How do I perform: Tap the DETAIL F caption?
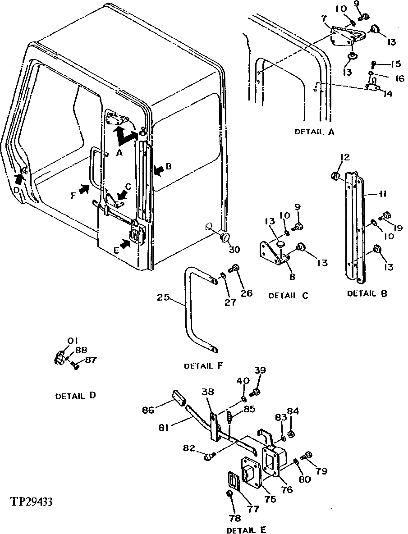203,366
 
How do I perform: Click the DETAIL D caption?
75,396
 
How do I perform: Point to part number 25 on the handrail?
163,297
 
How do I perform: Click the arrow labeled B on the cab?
159,169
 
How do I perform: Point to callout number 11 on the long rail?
383,194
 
